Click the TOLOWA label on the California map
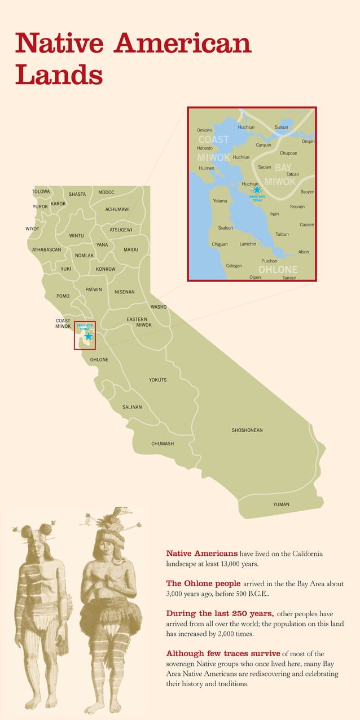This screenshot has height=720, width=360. (x=41, y=192)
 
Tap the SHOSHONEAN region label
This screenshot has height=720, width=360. (x=247, y=431)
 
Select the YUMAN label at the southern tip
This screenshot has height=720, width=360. (x=281, y=504)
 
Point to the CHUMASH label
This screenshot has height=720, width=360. (x=163, y=444)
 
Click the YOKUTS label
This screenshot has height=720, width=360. (x=158, y=380)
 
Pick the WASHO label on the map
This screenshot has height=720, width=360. (x=159, y=307)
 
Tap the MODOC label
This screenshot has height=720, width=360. (x=106, y=192)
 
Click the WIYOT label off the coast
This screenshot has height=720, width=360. (x=32, y=229)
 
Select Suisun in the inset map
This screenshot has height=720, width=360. (x=281, y=128)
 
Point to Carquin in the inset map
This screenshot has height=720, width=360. (x=264, y=145)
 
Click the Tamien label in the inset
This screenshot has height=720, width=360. (x=289, y=278)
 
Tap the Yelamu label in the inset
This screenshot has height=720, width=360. (x=220, y=201)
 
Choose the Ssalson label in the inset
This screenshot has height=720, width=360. (x=225, y=228)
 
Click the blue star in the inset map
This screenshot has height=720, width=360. (x=257, y=190)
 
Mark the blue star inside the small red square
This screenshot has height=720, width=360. (x=88, y=336)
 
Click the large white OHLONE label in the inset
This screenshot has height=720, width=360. (x=278, y=270)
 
